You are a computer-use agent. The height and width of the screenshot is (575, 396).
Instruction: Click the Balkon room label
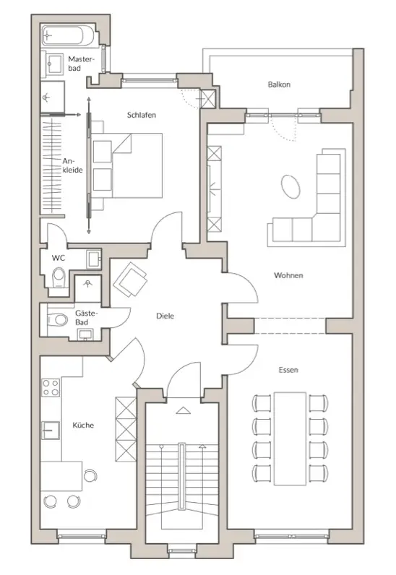pyautogui.click(x=279, y=85)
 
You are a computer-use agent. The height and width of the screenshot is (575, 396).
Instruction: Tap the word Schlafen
pyautogui.click(x=142, y=115)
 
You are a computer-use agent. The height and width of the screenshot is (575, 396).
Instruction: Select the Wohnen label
pyautogui.click(x=288, y=275)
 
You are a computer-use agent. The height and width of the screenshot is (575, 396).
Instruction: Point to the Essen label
pyautogui.click(x=288, y=370)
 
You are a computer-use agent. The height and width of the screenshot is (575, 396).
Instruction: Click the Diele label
pyautogui.click(x=165, y=316)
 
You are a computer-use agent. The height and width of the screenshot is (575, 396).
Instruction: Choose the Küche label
pyautogui.click(x=83, y=425)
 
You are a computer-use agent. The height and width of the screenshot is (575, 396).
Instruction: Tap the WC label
pyautogui.click(x=59, y=258)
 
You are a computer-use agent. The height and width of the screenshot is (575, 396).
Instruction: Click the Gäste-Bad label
pyautogui.click(x=87, y=318)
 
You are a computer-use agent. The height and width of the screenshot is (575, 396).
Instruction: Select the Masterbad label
pyautogui.click(x=81, y=63)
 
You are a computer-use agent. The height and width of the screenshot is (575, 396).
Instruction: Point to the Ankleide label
pyautogui.click(x=72, y=165)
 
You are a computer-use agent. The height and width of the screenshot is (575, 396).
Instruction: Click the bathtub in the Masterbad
pyautogui.click(x=69, y=35)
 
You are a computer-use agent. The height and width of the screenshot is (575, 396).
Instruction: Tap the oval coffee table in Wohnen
pyautogui.click(x=290, y=186)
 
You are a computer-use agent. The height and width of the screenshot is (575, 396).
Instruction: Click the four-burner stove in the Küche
pyautogui.click(x=51, y=388)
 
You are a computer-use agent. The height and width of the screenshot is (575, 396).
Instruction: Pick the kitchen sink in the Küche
pyautogui.click(x=51, y=430)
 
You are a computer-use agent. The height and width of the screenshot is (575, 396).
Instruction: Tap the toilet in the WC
pyautogui.click(x=59, y=277)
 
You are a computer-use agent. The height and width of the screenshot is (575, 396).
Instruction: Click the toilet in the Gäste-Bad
pyautogui.click(x=58, y=320)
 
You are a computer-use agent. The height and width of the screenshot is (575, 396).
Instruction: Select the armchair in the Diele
pyautogui.click(x=130, y=280)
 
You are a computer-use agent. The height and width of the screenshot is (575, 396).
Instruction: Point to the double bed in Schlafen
pyautogui.click(x=126, y=165)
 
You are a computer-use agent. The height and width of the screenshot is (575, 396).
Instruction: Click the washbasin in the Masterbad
pyautogui.click(x=54, y=64)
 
